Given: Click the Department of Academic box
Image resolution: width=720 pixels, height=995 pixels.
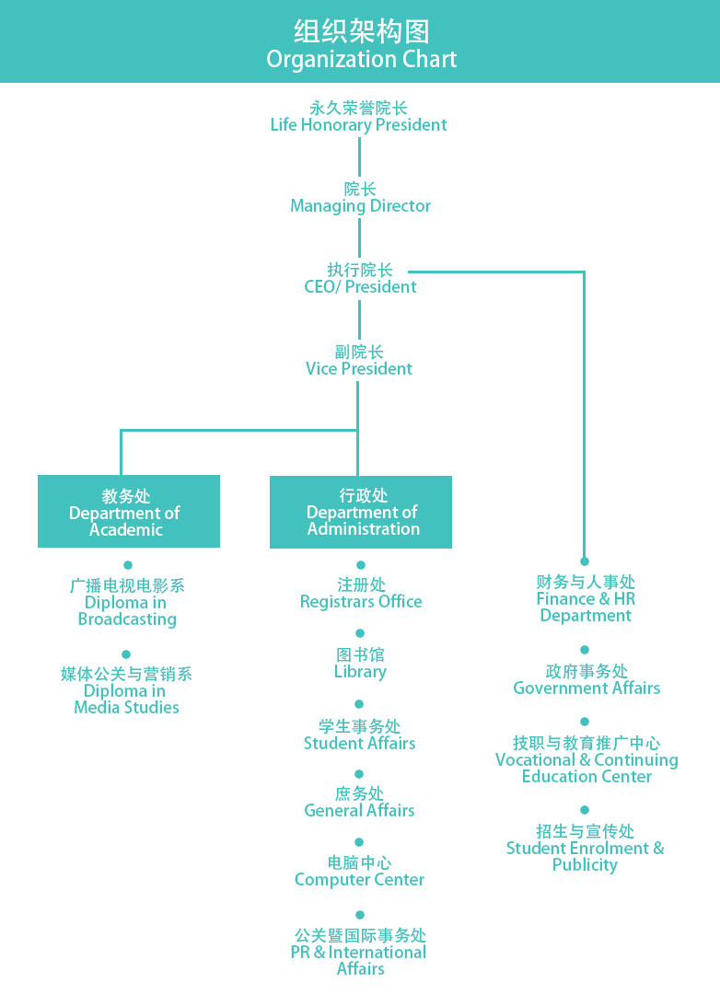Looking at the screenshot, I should tap(129, 512).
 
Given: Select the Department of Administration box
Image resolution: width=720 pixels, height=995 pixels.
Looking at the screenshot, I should tap(361, 512).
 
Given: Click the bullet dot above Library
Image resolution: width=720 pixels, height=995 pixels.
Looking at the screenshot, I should tap(360, 633).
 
